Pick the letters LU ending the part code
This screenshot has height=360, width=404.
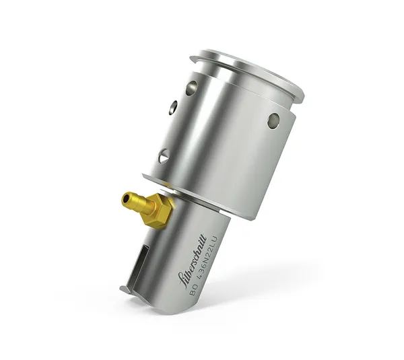pyautogui.click(x=215, y=240)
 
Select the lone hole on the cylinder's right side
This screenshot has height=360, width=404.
pyautogui.click(x=273, y=120)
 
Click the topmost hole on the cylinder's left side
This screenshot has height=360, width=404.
pyautogui.click(x=192, y=87)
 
